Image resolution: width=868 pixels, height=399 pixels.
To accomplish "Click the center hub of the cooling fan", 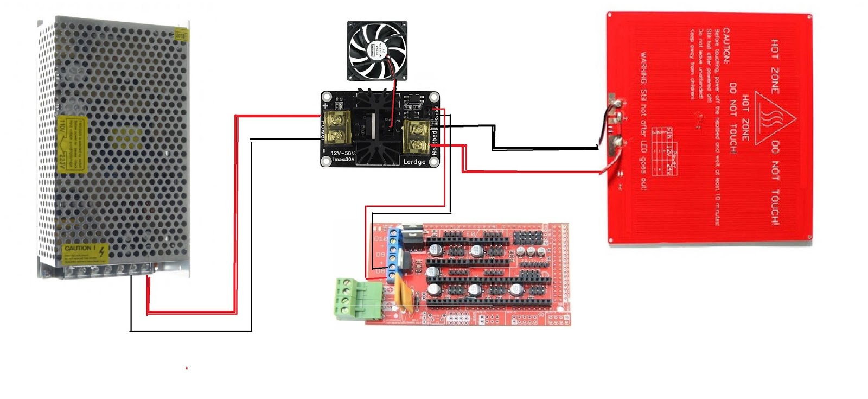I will pyautogui.click(x=377, y=50).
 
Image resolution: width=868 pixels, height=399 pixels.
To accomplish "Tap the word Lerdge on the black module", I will pyautogui.click(x=414, y=162).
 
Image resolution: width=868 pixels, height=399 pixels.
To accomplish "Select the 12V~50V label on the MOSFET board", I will pyautogui.click(x=342, y=153).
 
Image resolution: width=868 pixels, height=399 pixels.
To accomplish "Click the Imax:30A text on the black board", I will pyautogui.click(x=343, y=160).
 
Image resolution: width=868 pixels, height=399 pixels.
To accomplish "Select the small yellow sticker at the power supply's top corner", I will pyautogui.click(x=181, y=35).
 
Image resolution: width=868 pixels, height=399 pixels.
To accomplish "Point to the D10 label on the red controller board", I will pyautogui.click(x=381, y=238).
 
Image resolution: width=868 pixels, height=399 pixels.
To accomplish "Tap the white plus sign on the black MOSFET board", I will pyautogui.click(x=325, y=105).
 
